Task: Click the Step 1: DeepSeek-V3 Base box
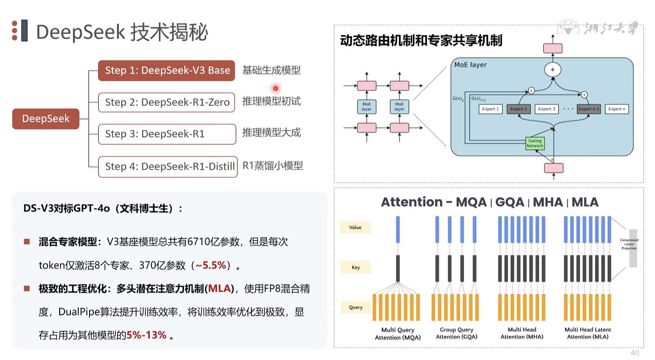tap(167, 70)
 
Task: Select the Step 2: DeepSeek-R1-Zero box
tap(167, 102)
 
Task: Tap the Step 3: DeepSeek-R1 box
tap(167, 134)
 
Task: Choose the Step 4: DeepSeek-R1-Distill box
tap(168, 167)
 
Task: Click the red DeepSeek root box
tap(46, 119)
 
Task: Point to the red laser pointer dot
tap(276, 88)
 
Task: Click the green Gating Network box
tap(535, 143)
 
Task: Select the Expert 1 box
tap(491, 109)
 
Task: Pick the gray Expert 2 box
tap(518, 109)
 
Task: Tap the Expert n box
tap(617, 109)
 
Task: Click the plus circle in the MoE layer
tap(553, 70)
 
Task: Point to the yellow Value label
tap(355, 227)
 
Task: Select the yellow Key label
tap(356, 267)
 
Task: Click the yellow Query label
tap(356, 307)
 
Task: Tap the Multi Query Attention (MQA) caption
tap(398, 334)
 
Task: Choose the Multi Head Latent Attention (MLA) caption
tap(588, 333)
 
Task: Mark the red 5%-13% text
tap(146, 335)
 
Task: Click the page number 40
tap(635, 352)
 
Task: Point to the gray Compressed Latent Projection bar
tap(633, 248)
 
